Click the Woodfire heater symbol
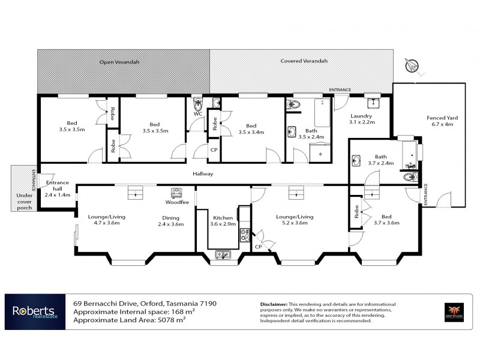click(x=177, y=193)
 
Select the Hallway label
click(x=203, y=174)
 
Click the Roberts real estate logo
click(x=34, y=311)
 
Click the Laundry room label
click(x=361, y=119)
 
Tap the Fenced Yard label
click(x=442, y=122)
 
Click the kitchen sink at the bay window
click(x=223, y=254)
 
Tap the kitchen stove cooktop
click(x=244, y=235)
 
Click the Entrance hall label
click(x=57, y=188)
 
